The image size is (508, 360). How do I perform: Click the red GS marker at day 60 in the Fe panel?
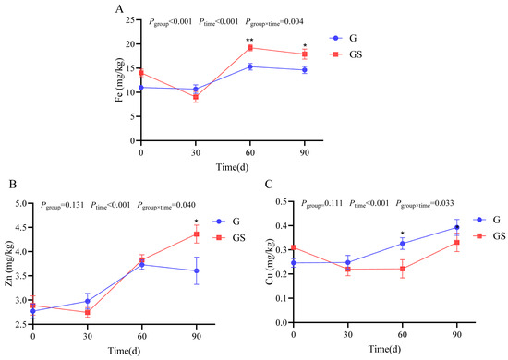coord(250,48)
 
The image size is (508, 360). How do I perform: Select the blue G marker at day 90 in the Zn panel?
coord(197,270)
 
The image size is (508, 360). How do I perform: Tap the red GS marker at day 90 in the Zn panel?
coord(197,234)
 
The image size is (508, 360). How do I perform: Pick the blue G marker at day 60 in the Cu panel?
coord(403,244)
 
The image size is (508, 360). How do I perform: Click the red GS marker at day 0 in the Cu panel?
coord(294,247)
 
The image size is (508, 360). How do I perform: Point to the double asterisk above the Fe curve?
coord(249,40)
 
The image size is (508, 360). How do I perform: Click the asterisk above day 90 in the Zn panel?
coord(197,222)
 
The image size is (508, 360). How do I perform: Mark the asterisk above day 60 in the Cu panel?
coord(403,234)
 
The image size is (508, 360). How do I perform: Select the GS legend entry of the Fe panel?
coord(345,54)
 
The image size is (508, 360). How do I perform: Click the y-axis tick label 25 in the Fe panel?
coord(130,19)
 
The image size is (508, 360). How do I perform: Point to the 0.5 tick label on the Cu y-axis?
coord(282,201)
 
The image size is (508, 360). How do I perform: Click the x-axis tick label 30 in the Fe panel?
coord(196,152)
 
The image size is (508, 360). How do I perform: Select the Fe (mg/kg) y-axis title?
coord(119,80)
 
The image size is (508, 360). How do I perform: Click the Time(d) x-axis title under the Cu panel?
coord(384,349)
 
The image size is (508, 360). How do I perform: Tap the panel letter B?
coord(13,184)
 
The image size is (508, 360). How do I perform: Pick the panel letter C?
coord(269,184)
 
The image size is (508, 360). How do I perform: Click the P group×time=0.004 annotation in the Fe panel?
coord(274,22)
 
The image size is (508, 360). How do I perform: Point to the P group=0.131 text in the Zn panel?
coord(62,205)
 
